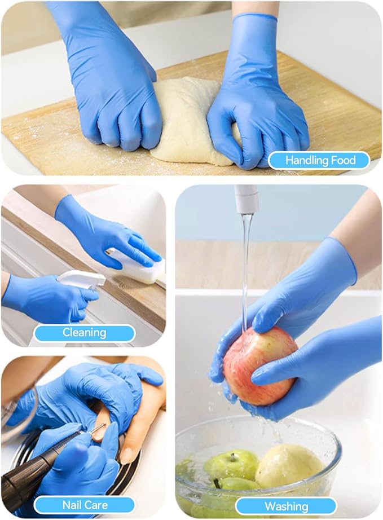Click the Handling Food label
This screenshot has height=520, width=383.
pyautogui.click(x=319, y=161)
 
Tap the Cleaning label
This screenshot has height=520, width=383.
pyautogui.click(x=84, y=333)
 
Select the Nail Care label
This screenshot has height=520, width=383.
pyautogui.click(x=84, y=505)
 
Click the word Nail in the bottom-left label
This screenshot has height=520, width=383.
pyautogui.click(x=72, y=505)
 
